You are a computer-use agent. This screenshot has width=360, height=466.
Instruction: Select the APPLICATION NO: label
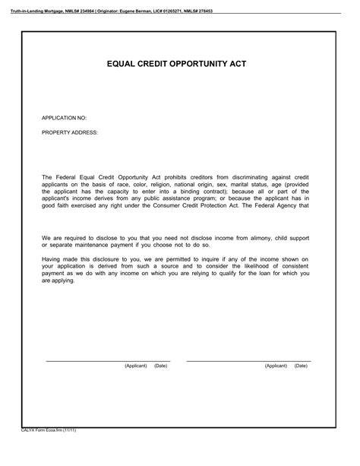(65, 119)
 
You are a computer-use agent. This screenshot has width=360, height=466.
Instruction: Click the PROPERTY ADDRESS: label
(69, 132)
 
